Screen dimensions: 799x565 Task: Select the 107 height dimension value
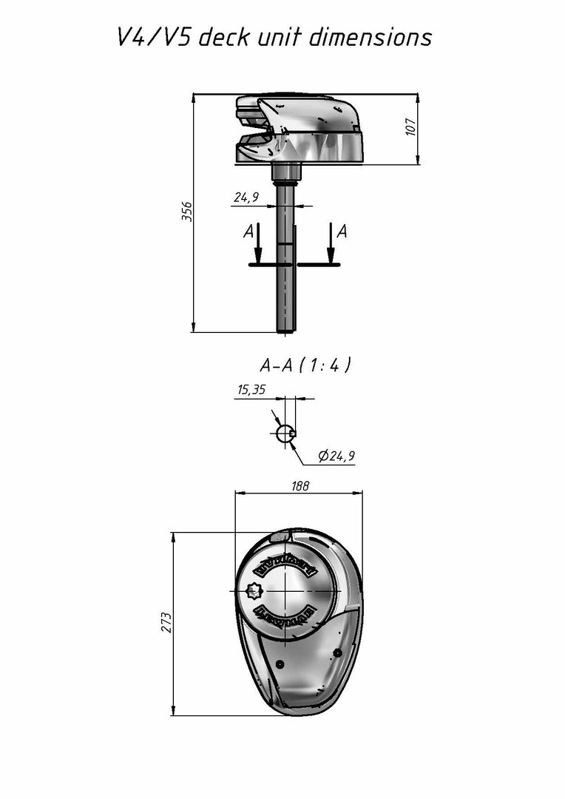(x=411, y=127)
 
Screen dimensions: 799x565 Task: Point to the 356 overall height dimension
(x=187, y=211)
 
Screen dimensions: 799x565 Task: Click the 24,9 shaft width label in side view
(x=246, y=198)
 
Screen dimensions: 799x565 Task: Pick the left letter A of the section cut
(x=248, y=232)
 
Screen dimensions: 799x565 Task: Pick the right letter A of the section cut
(x=342, y=232)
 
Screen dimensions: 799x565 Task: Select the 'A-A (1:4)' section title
(x=305, y=365)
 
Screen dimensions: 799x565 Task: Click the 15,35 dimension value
(x=251, y=390)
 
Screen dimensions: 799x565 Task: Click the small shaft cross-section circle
(x=285, y=434)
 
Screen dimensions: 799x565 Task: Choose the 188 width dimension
(x=300, y=486)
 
